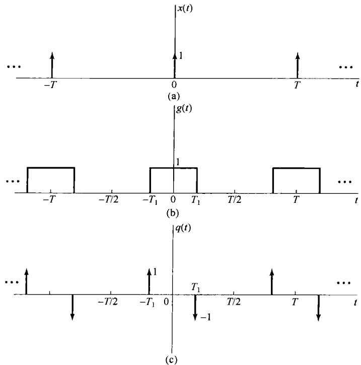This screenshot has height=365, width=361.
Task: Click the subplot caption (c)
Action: coord(174,360)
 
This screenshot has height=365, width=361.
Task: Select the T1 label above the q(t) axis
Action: coord(196,286)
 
